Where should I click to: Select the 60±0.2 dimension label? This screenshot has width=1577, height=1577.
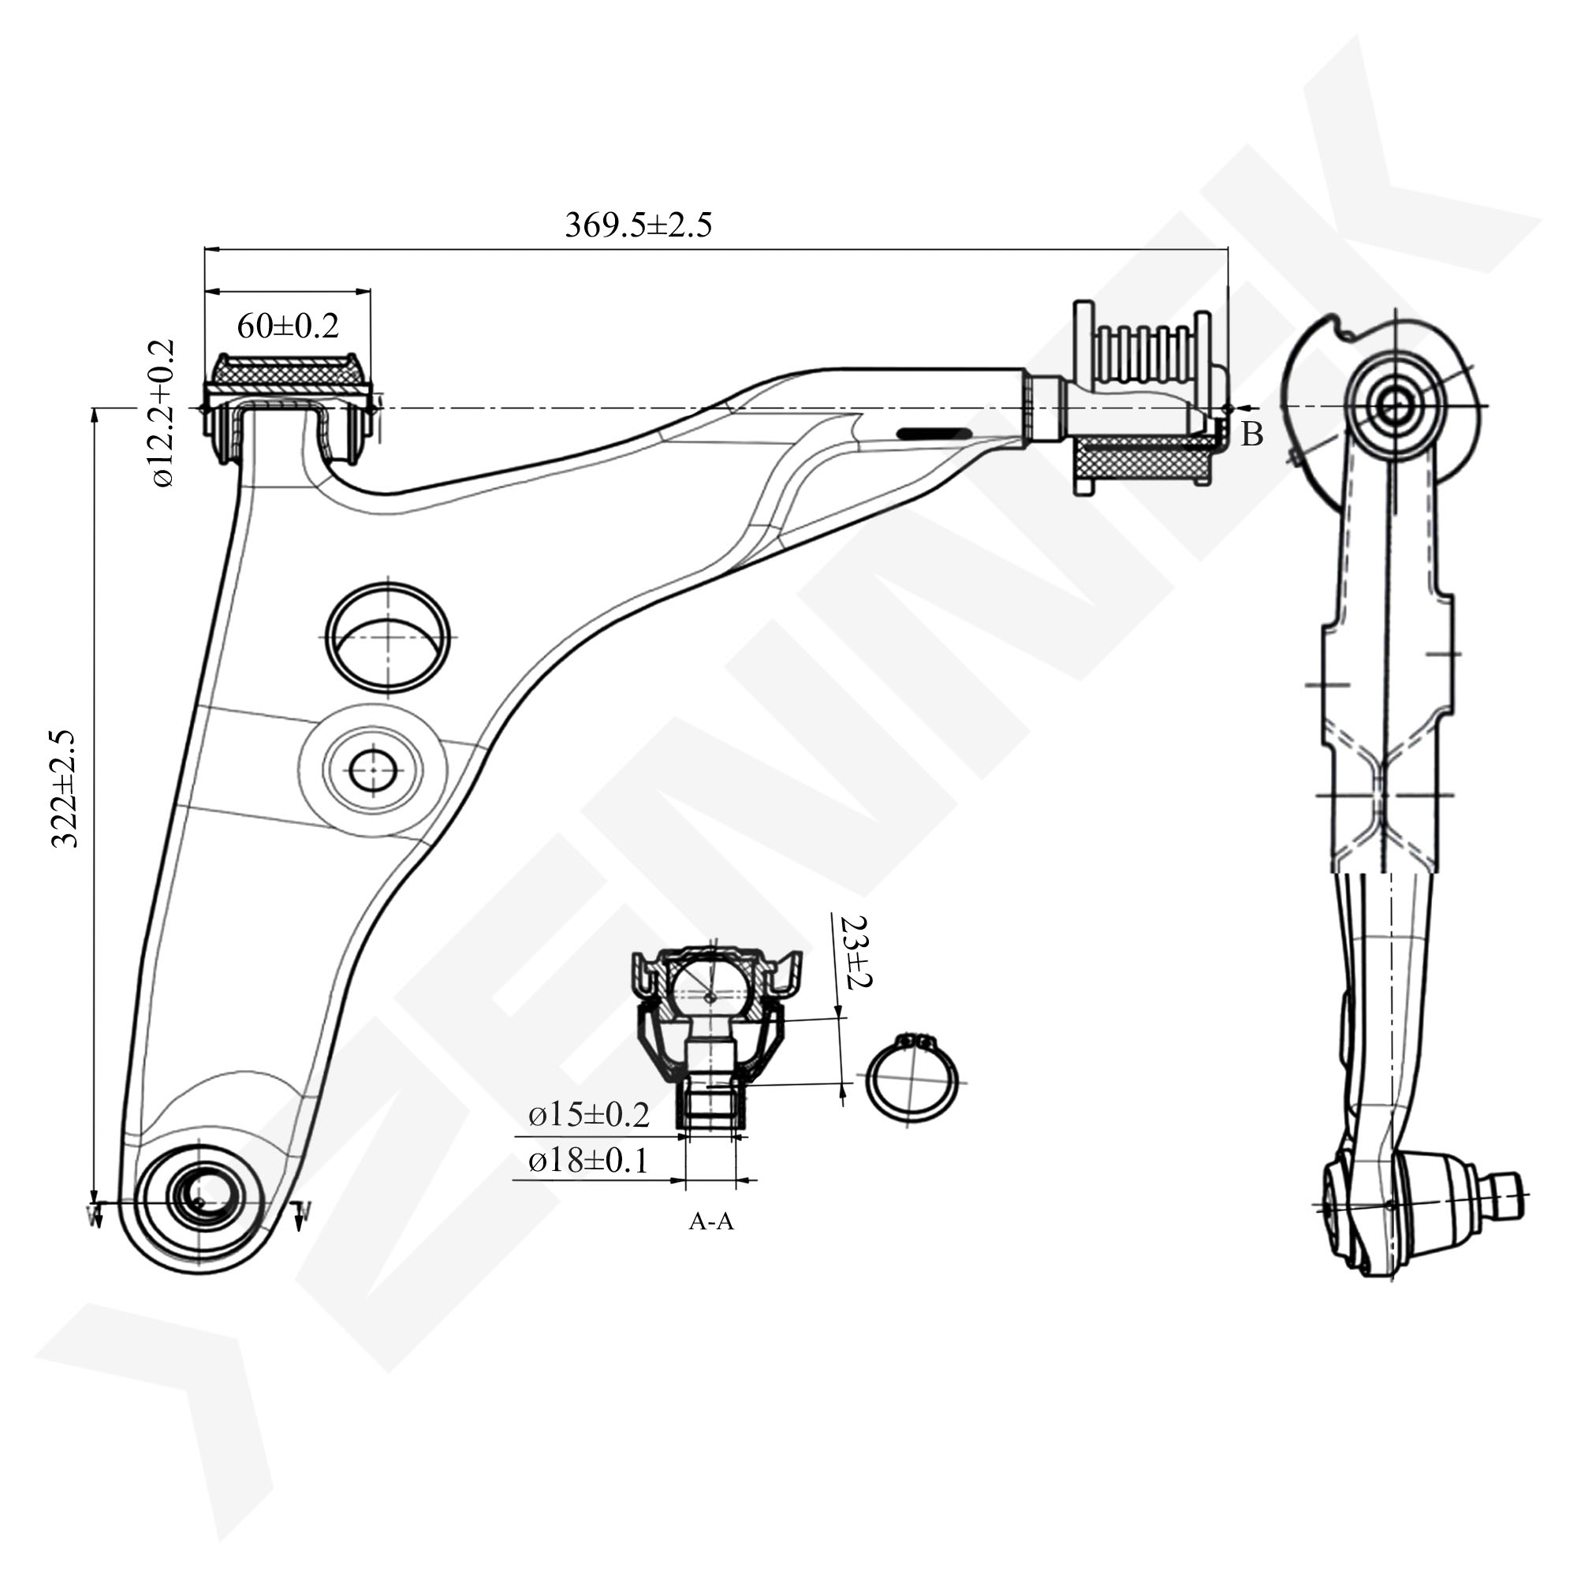click(287, 326)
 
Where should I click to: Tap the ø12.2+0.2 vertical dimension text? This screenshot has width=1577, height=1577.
click(162, 414)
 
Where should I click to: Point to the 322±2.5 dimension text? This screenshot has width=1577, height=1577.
click(65, 789)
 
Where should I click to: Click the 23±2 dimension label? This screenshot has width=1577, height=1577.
click(856, 952)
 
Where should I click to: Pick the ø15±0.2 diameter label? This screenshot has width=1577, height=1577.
click(588, 1115)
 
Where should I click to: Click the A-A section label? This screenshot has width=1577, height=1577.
click(711, 1222)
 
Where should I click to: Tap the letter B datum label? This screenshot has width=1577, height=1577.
click(1251, 435)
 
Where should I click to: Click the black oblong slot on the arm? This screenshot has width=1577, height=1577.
click(934, 434)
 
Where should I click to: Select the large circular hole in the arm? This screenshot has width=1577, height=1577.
click(388, 636)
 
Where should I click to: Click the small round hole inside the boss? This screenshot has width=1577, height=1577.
click(373, 770)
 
